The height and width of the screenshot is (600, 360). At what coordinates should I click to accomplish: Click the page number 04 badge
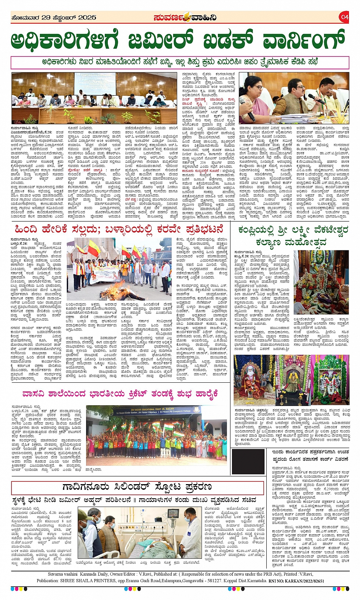pos(344,17)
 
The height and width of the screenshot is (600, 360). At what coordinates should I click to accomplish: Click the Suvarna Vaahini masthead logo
pos(186,18)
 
